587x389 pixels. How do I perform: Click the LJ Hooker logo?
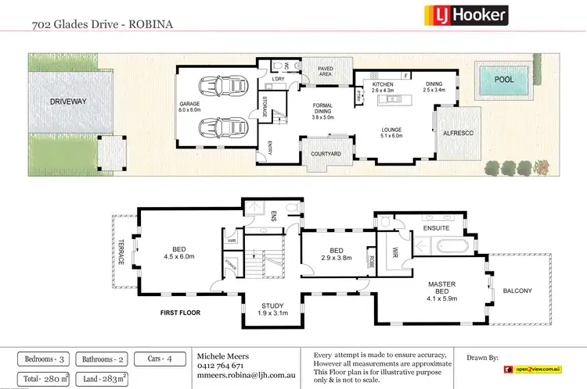point(466,14)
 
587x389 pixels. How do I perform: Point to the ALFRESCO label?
point(453,134)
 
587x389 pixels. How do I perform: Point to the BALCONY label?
point(517,291)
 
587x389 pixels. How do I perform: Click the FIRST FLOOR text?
point(180,312)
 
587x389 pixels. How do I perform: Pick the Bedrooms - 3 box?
point(43,359)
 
